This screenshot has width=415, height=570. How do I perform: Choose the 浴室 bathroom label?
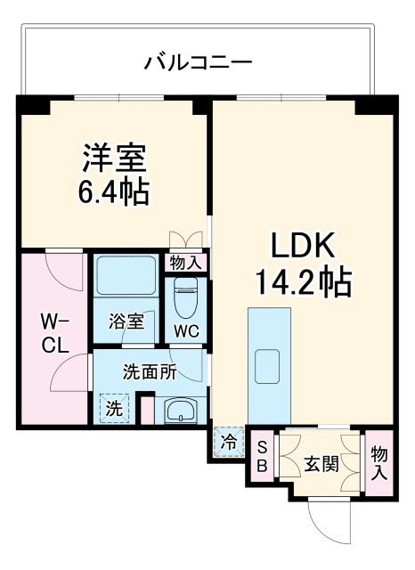(x=125, y=322)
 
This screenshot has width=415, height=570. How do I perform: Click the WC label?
(x=186, y=330)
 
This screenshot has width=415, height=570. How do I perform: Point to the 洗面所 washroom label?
(x=148, y=372)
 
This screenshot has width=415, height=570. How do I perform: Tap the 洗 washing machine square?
(x=114, y=410)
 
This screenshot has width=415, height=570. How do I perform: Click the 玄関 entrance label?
(x=321, y=463)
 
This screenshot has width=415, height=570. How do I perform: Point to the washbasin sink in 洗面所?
(x=182, y=411)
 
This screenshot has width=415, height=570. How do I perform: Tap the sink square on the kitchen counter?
(x=269, y=365)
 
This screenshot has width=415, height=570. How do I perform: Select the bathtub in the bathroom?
(x=126, y=277)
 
